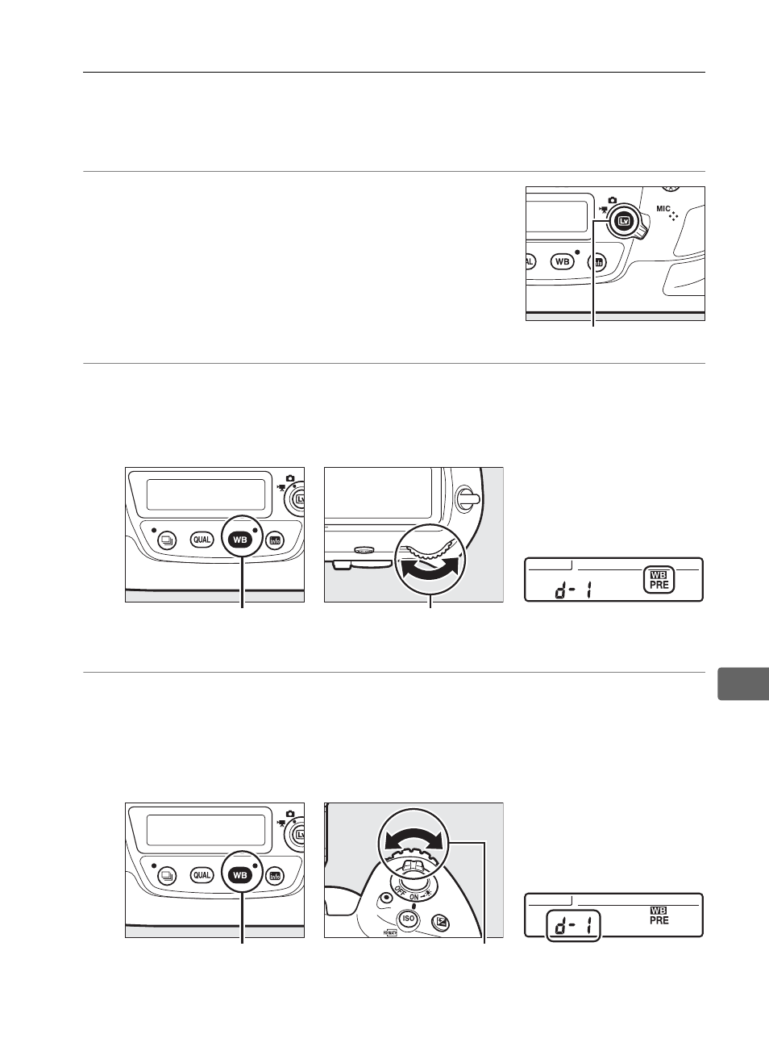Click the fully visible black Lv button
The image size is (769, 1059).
coord(625,221)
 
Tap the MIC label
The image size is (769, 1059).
coord(663,208)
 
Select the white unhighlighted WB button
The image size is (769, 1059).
coord(562,261)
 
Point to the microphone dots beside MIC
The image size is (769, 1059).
coord(673,216)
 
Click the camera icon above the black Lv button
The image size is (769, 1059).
coord(613,200)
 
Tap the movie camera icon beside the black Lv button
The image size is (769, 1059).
coord(602,210)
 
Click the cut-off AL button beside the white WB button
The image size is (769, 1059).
coord(530,261)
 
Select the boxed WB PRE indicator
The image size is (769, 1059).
coord(659,580)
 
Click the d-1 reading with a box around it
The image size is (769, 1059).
coord(573,926)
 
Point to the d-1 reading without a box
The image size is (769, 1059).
coord(573,590)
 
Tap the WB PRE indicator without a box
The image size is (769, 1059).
coord(659,915)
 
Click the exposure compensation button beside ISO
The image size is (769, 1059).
coord(443,922)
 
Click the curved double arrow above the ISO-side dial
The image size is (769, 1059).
coord(414,841)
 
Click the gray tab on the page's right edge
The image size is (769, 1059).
coord(743,684)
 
